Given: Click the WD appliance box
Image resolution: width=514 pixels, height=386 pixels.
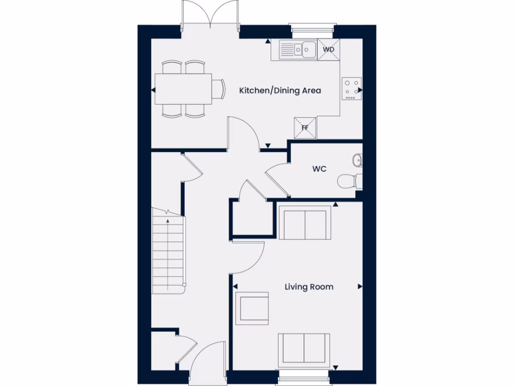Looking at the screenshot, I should pos(329,50).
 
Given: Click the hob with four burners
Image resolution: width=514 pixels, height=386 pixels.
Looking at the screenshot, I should pos(352,88).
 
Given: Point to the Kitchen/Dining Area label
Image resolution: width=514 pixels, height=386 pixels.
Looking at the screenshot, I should pos(280,91).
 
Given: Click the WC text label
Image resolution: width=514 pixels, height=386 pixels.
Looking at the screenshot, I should pos(319,169).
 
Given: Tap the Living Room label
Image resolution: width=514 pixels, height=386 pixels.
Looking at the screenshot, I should pos(309,287).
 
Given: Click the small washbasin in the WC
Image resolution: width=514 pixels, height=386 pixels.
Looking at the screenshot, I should pos(357,160).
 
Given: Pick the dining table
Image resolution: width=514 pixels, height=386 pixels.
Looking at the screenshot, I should pos(183,89).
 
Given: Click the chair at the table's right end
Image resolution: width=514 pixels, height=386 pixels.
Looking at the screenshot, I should pos(218,89).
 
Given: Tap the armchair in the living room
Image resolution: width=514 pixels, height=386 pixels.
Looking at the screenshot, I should pos(252,308).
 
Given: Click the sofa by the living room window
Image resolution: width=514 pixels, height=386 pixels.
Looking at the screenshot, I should pos(304,348).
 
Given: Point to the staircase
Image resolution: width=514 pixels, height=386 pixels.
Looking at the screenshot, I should pos(168,254).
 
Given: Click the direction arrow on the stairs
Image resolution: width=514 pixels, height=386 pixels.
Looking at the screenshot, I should pos(168,220).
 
